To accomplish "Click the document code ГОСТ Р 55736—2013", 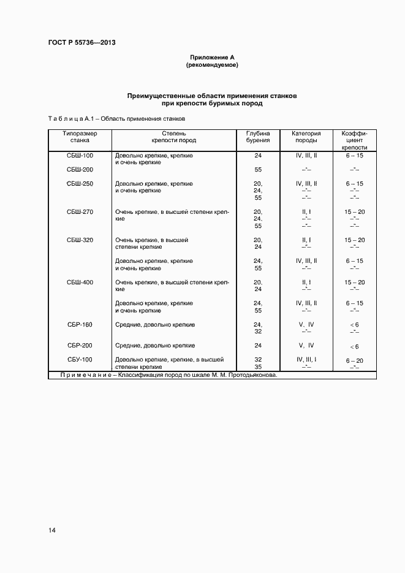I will click(81, 42).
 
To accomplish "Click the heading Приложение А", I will click(212, 57).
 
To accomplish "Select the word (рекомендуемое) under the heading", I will click(212, 64).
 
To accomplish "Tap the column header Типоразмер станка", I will click(80, 137).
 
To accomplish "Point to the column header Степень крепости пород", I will click(174, 137).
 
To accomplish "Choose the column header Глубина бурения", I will click(258, 137).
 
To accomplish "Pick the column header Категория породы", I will click(306, 137).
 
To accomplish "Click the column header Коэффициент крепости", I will click(354, 140).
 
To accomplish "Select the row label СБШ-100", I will click(80, 156).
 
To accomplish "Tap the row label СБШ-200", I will click(80, 170).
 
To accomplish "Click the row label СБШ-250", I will click(80, 184).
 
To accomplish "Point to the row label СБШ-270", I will click(80, 212).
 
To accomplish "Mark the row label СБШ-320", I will click(80, 240).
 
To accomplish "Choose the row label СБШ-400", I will click(80, 283).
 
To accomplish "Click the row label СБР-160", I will click(80, 325).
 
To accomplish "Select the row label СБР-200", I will click(80, 346).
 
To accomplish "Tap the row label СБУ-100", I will click(80, 360).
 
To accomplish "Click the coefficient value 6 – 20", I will click(354, 360).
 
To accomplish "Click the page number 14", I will click(52, 529).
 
